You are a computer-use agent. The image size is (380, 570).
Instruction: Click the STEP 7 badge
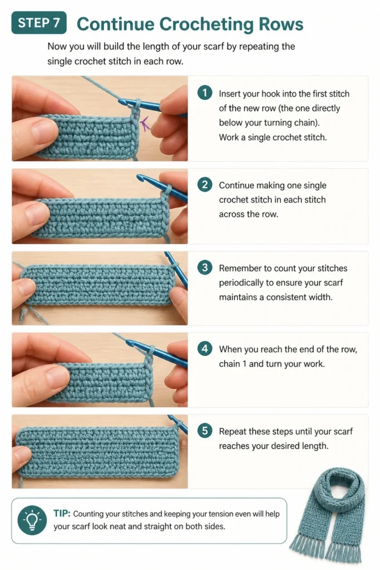(x=39, y=22)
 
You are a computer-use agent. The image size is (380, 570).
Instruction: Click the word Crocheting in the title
(x=206, y=24)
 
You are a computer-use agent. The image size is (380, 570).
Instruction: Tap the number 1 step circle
(x=205, y=93)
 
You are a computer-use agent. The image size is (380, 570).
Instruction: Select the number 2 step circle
(x=205, y=184)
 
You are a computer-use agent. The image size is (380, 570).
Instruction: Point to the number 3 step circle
(x=205, y=268)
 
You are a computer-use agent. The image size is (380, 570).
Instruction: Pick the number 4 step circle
(x=205, y=348)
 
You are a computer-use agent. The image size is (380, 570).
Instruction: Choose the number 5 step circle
(x=205, y=431)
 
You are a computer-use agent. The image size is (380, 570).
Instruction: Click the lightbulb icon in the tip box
(x=32, y=520)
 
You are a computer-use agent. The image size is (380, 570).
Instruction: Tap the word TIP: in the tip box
(x=62, y=513)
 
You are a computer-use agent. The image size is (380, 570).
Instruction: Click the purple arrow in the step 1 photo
(x=145, y=123)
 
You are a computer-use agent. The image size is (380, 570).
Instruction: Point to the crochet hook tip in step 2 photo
(x=139, y=177)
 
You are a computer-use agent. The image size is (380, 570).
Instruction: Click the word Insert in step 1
(x=229, y=94)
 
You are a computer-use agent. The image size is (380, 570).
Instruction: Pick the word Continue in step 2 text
(x=236, y=185)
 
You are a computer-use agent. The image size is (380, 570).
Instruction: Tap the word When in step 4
(x=230, y=350)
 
